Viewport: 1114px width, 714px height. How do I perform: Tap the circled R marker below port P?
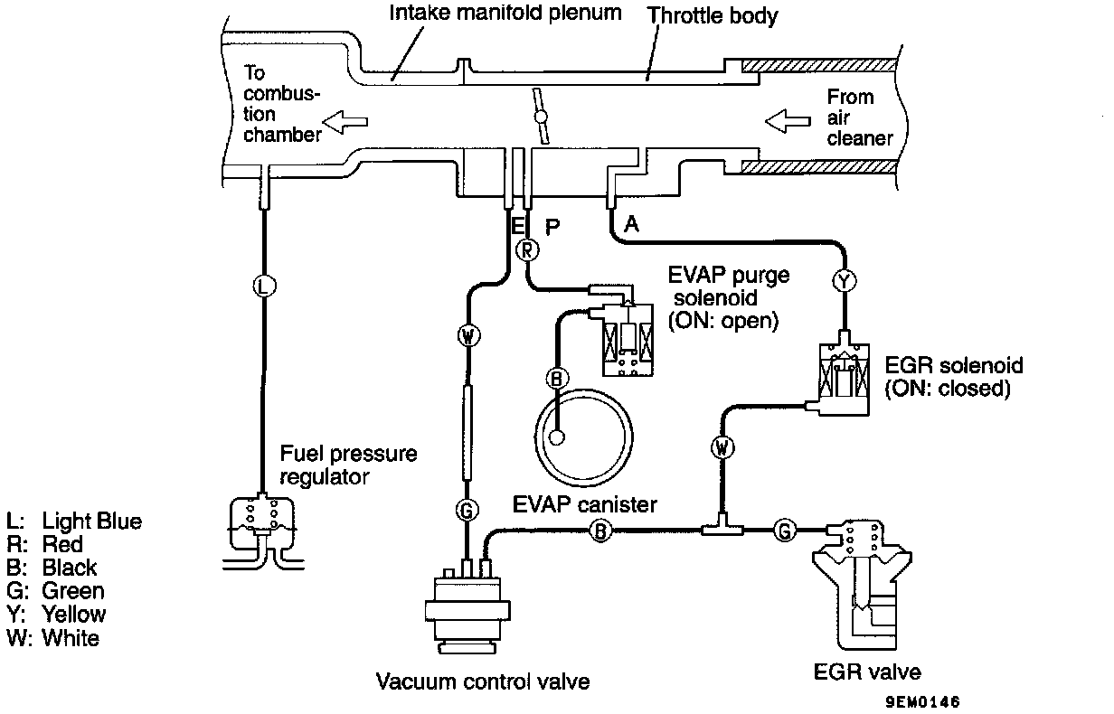point(527,249)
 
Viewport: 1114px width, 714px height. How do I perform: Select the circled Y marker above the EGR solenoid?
point(844,282)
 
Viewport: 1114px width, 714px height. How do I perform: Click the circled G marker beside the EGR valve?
point(785,531)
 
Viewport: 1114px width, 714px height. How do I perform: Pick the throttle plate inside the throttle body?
point(542,117)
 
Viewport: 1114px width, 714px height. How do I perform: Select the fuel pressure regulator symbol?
point(262,525)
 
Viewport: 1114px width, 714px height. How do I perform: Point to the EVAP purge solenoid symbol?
point(629,334)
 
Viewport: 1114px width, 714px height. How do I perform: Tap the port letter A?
point(632,223)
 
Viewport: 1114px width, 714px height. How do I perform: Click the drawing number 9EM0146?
point(923,701)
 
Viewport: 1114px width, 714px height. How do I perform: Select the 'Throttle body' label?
point(713,15)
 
